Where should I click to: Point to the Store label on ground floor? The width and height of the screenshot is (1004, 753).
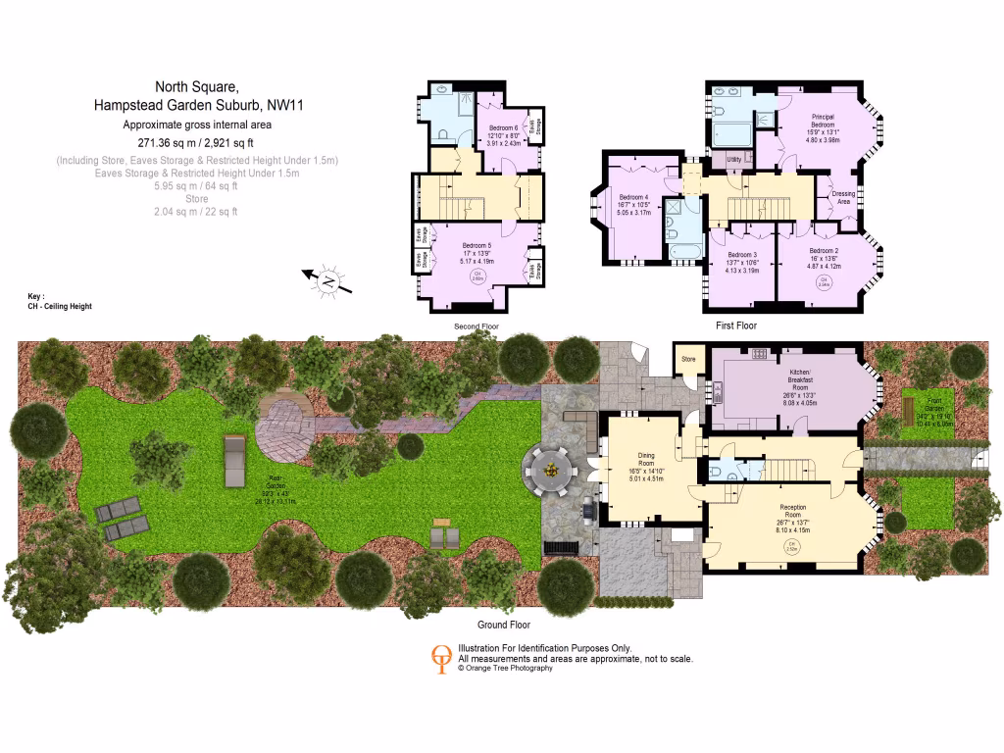(x=688, y=360)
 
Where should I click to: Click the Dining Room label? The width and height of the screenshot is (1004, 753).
(x=647, y=460)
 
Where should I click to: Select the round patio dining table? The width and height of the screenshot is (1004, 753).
(x=552, y=471)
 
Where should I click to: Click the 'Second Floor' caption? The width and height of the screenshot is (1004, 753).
(x=477, y=326)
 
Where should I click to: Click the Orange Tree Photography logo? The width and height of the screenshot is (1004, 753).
(x=443, y=657)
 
